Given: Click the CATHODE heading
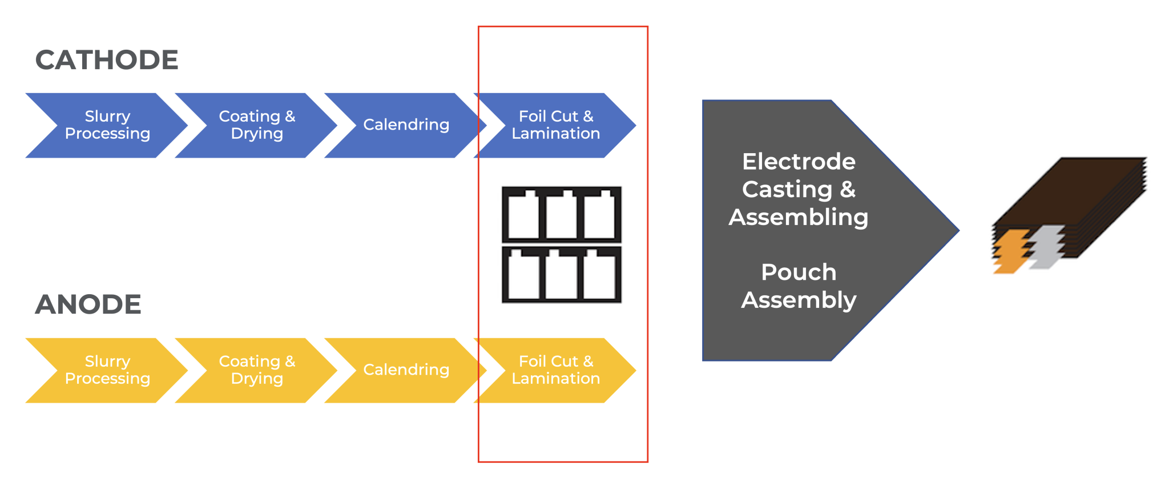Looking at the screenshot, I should [x=107, y=60].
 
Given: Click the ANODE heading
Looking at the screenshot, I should [x=88, y=304].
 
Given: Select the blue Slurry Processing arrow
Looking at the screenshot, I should [x=107, y=125].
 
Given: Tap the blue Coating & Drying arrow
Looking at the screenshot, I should [x=257, y=125].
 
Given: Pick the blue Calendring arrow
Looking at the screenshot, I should [x=406, y=125].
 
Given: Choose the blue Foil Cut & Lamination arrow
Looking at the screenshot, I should [x=555, y=125].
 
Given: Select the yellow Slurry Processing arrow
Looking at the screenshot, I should [x=107, y=370].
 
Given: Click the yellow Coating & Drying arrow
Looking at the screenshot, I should [x=257, y=370].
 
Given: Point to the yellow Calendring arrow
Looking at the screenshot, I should [x=406, y=370].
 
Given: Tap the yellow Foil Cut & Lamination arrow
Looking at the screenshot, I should [x=555, y=370].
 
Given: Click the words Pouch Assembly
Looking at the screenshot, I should [x=799, y=286].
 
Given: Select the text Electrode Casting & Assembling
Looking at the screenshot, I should [x=799, y=189].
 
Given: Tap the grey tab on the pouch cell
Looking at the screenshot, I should [x=1046, y=247].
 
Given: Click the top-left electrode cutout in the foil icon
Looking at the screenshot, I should [x=523, y=217].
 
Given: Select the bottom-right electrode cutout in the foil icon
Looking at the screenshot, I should [x=599, y=277].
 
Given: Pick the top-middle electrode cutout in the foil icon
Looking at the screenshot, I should [x=561, y=217].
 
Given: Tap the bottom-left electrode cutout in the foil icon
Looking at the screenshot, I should [x=523, y=277].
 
